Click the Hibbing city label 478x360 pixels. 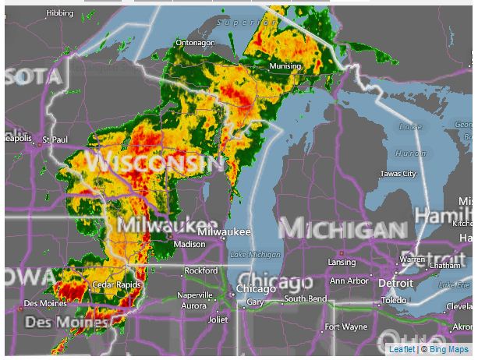pos(60,13)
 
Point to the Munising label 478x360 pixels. pos(285,66)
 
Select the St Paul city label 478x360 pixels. pos(55,139)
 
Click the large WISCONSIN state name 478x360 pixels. pos(156,164)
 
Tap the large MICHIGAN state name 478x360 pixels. pos(343,229)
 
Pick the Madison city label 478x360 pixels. pos(189,244)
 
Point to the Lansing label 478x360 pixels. pos(342,262)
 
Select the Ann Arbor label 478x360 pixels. pos(349,281)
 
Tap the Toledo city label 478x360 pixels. pos(394,300)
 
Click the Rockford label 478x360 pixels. pos(200,270)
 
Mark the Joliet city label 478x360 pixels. pos(218,319)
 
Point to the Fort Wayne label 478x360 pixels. pos(346,326)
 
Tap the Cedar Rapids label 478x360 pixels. pos(117,285)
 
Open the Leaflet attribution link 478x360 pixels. pos(402,350)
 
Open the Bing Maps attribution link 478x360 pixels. pos(447,350)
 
